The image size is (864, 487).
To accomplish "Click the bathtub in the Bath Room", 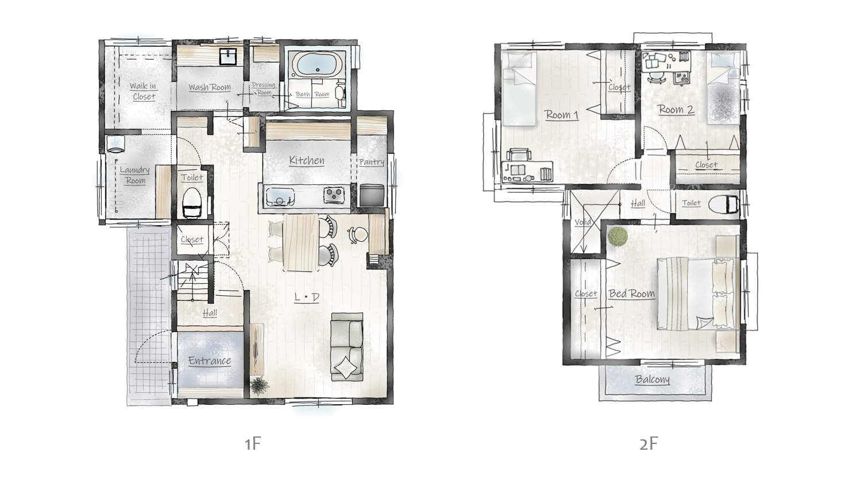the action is coord(317,65).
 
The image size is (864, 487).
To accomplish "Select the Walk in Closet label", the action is coord(143,91).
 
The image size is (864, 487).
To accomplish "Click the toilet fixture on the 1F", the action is coord(192,202).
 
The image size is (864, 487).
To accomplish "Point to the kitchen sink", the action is coord(279,196).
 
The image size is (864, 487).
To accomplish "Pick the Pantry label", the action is coord(372,162).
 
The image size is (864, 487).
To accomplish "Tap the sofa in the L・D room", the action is coord(347,347).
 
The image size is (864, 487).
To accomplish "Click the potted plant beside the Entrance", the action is coord(259,385).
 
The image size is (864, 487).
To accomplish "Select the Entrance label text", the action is coord(210,361).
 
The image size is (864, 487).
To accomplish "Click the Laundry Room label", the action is coord(134,175).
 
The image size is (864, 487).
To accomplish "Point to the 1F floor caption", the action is coord(253,444).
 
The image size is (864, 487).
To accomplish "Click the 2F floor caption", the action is coord(648,444).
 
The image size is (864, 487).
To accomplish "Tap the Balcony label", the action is coord(652,380).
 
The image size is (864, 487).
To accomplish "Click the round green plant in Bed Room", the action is coord(618,236).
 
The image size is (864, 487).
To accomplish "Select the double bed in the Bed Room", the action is coord(697,294).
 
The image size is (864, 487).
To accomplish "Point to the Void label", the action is coord(583,222).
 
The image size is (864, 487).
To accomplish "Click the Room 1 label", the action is coord(562,115).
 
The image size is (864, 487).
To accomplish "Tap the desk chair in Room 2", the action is coord(657,77).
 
